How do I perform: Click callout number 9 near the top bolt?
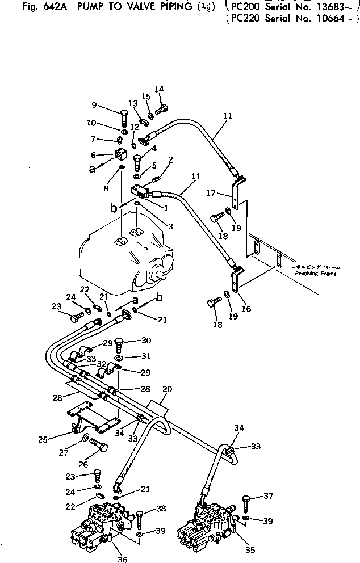pos(94,104)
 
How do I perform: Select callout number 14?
pos(159,89)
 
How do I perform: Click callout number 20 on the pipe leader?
pos(166,390)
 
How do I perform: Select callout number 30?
pos(146,341)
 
